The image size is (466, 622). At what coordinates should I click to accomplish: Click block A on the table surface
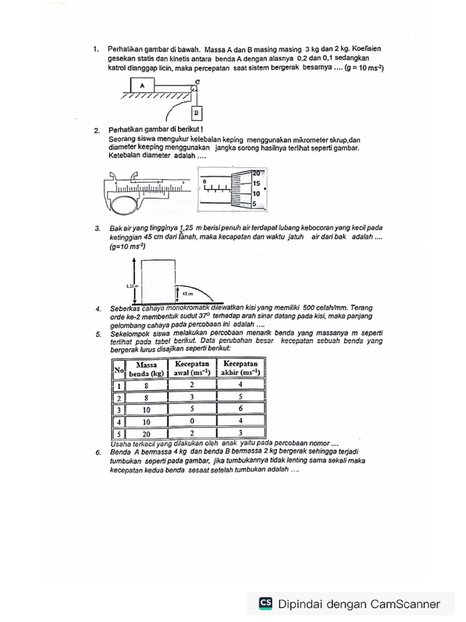click(x=142, y=86)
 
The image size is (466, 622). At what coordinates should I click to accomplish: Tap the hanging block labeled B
click(x=196, y=113)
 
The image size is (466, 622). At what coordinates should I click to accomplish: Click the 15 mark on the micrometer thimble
click(x=257, y=183)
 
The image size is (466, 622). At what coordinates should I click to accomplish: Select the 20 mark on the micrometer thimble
click(x=257, y=173)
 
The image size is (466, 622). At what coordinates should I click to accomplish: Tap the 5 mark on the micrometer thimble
click(x=255, y=204)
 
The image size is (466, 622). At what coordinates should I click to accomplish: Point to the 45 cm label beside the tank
click(x=187, y=293)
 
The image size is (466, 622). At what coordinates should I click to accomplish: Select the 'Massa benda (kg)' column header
click(x=146, y=368)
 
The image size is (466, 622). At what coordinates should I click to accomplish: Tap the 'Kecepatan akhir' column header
click(x=240, y=368)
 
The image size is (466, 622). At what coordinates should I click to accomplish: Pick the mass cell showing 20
click(x=146, y=434)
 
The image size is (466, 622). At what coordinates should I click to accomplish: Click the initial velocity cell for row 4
click(x=191, y=421)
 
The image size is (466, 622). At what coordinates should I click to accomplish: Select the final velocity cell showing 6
click(x=240, y=409)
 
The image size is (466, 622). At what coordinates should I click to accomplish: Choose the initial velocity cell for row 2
click(x=191, y=397)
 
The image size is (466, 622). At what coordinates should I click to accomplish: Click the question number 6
click(x=98, y=453)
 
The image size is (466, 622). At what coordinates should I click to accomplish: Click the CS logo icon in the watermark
click(x=265, y=603)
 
